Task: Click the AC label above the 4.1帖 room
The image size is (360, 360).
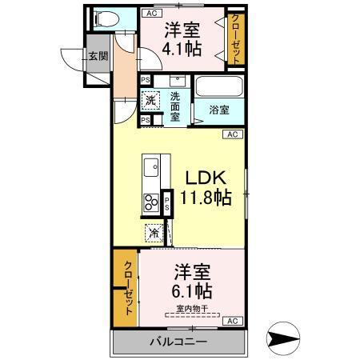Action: click(150, 14)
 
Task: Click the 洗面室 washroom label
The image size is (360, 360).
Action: click(176, 106)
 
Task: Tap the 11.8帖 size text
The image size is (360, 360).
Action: click(207, 198)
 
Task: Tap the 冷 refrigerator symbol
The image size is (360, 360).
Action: click(152, 234)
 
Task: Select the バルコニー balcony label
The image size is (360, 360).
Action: click(178, 342)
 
